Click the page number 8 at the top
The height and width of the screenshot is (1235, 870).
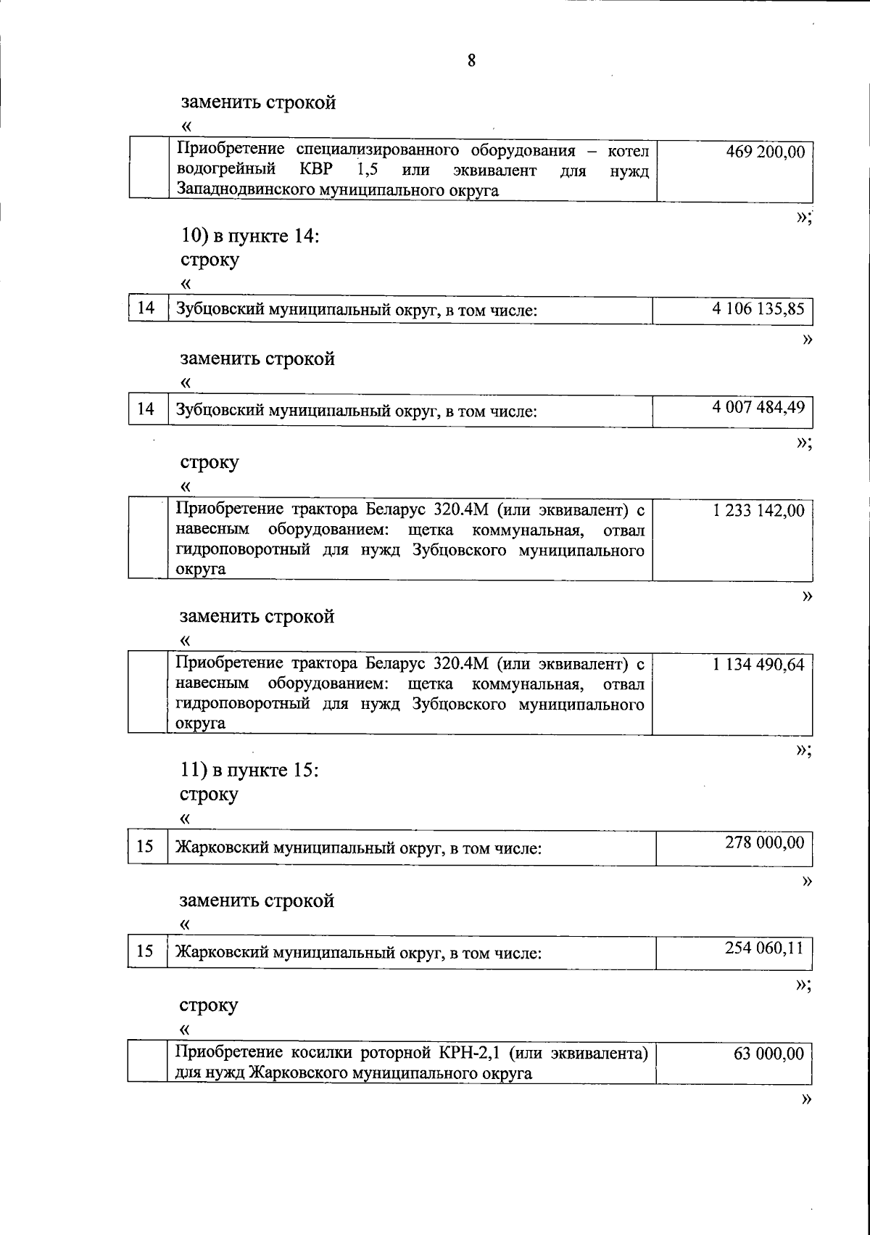(x=471, y=60)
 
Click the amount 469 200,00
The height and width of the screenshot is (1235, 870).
(x=765, y=152)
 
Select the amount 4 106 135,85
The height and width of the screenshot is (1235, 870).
(x=758, y=308)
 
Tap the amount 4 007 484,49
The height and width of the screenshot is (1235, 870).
(x=758, y=407)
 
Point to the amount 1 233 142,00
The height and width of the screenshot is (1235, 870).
(x=758, y=511)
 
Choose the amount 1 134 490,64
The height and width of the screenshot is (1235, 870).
(x=758, y=665)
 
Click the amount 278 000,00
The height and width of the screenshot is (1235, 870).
(x=765, y=842)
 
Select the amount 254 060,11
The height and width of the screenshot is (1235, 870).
(x=765, y=948)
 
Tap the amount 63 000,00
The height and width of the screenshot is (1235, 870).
(x=768, y=1054)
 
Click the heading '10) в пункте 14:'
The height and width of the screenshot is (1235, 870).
(x=249, y=236)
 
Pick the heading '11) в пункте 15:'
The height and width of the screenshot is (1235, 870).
(x=249, y=770)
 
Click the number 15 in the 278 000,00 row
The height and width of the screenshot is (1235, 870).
(x=145, y=846)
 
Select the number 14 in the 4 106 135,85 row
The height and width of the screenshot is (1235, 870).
(x=146, y=308)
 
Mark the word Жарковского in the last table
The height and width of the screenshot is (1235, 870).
(x=297, y=1073)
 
